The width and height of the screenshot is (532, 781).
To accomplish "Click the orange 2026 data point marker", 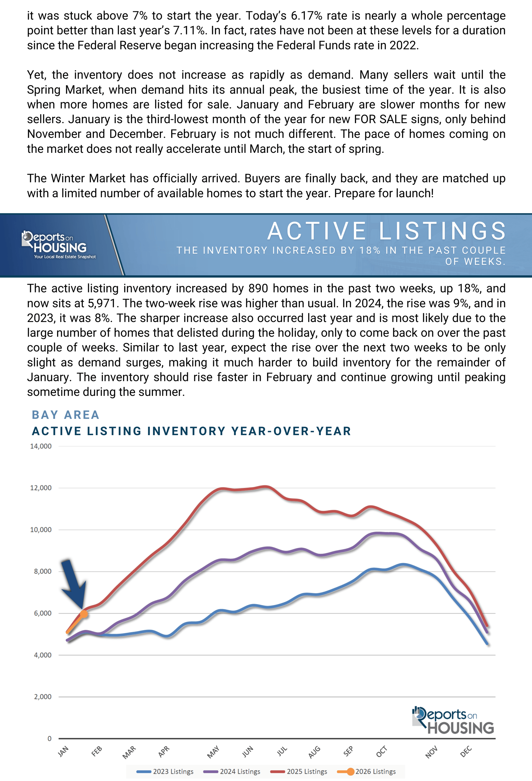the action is tap(84, 614).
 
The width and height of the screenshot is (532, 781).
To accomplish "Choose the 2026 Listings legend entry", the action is tap(367, 771).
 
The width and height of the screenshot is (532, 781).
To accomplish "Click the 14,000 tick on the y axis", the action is tap(41, 446).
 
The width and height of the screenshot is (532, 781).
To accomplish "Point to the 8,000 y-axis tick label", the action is tap(43, 571).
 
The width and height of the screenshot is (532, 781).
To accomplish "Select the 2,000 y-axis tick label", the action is tap(43, 697).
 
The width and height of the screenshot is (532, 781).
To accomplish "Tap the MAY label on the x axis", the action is tap(213, 752).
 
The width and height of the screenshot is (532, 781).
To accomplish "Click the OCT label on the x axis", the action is tap(382, 751).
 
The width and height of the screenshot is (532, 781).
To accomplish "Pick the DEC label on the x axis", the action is tap(466, 751).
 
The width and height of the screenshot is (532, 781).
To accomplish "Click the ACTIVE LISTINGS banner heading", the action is tap(386, 231).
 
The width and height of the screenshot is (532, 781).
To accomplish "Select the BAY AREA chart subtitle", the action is tap(65, 415).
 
